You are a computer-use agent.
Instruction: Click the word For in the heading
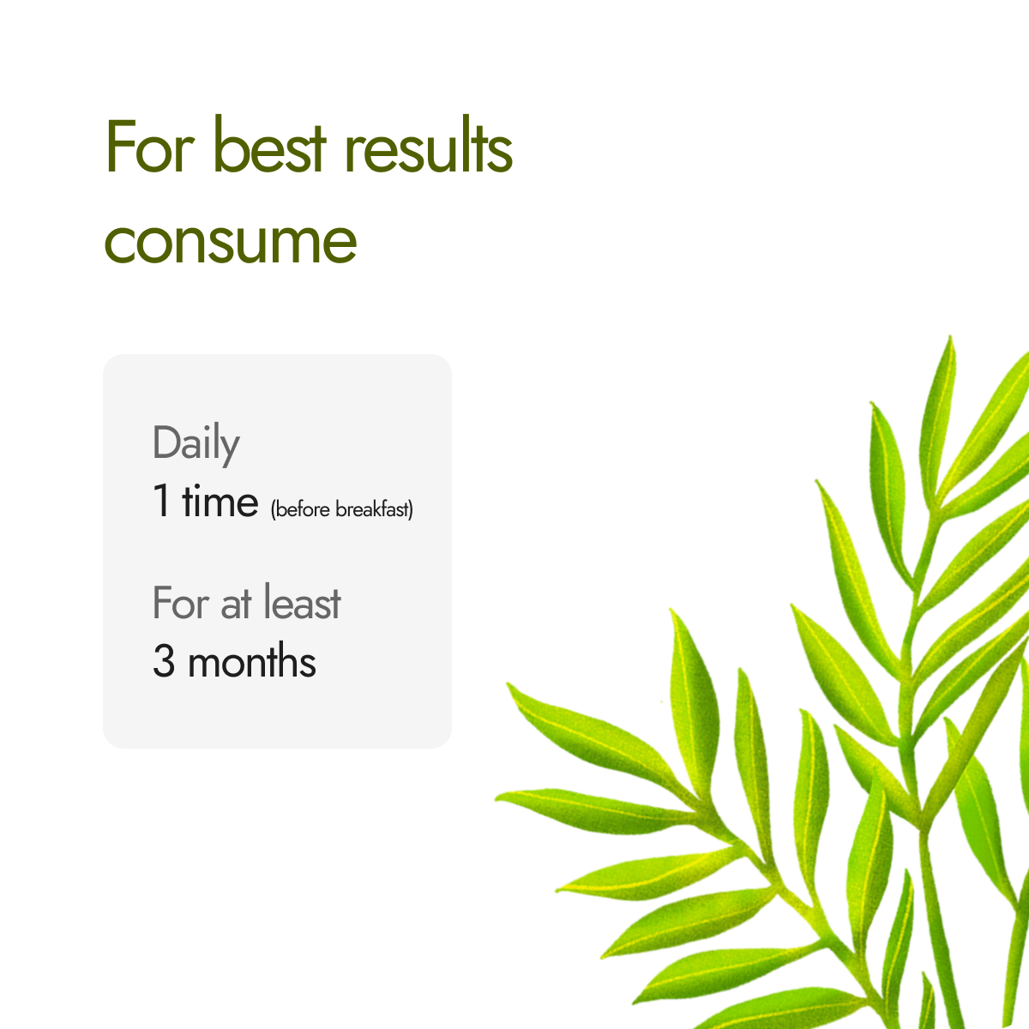click(x=149, y=147)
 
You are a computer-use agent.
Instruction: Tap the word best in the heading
click(x=269, y=144)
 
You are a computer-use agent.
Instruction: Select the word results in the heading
click(x=428, y=144)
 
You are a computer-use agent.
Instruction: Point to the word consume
click(x=230, y=243)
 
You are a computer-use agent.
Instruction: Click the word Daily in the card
click(x=196, y=443)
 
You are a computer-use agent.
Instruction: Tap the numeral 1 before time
click(x=162, y=500)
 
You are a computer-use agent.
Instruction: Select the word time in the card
click(x=220, y=499)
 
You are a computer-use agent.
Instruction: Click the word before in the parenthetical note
click(x=302, y=508)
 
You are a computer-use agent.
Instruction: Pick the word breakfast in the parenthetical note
click(x=371, y=508)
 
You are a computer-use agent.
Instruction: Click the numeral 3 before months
click(x=164, y=660)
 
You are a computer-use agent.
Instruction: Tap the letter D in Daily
click(x=168, y=442)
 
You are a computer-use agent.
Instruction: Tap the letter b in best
click(x=227, y=144)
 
